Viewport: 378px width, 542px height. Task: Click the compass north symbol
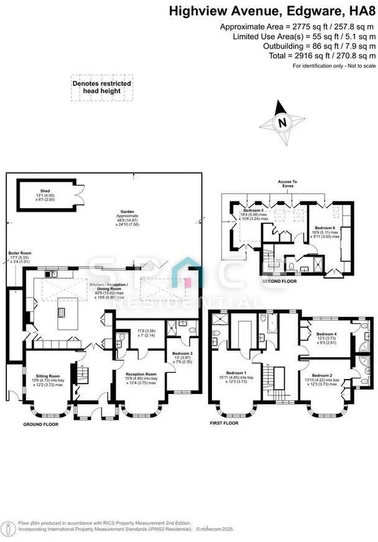point(282,122)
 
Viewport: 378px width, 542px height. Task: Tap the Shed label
point(45,191)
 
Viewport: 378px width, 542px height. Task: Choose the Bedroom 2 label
point(322,375)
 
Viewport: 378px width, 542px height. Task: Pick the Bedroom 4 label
point(326,334)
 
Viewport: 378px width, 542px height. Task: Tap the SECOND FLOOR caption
point(279,281)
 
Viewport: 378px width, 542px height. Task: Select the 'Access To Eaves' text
point(287,184)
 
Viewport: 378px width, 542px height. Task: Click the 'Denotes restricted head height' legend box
point(102,87)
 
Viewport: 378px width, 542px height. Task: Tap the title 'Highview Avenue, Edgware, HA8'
point(273,11)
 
